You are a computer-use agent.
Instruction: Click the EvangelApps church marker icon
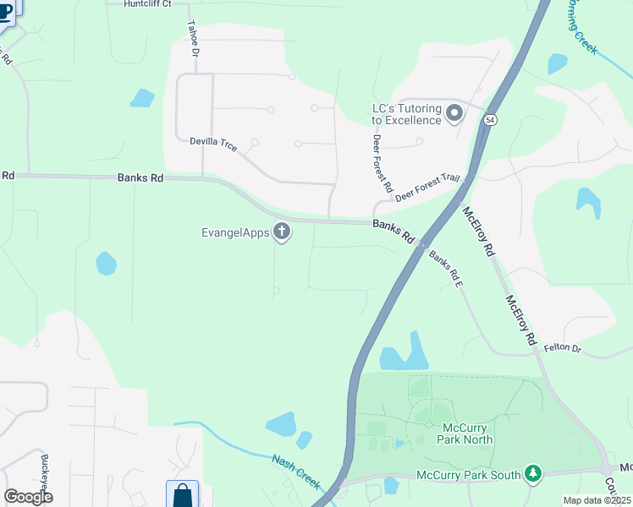coord(282,232)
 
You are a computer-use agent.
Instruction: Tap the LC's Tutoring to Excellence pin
coord(454,113)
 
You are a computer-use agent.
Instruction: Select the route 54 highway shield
coord(490,121)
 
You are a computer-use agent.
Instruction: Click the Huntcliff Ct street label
coord(147,4)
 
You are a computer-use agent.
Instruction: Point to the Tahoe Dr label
coord(193,39)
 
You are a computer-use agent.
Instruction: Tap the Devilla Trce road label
coord(213,144)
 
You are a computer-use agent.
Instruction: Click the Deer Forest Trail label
coord(427,187)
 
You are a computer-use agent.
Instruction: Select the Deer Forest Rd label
coord(383,161)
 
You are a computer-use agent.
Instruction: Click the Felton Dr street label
coord(563,347)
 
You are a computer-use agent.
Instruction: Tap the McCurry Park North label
coord(465,433)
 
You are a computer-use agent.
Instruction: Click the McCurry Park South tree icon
coord(532,474)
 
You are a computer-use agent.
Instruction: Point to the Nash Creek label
coord(296,471)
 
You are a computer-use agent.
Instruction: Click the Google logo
coord(28,497)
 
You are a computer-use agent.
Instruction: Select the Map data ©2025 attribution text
coord(596,500)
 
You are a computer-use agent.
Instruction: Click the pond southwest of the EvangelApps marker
coord(106,264)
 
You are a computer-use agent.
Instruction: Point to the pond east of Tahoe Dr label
coord(142,98)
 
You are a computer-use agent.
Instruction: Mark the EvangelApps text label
coord(235,232)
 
